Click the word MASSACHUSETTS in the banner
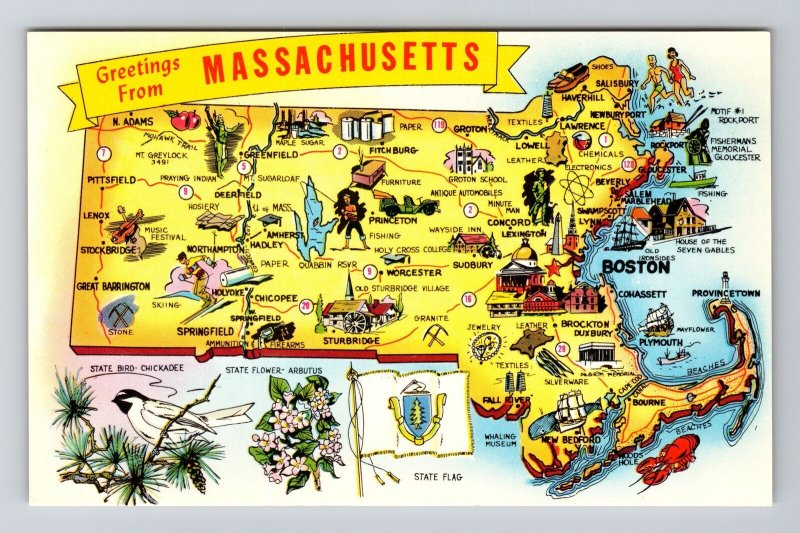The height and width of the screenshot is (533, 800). tap(340, 62)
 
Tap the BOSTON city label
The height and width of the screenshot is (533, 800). tap(635, 268)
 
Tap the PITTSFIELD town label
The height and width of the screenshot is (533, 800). tap(112, 181)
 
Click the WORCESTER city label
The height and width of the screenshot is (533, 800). tap(413, 272)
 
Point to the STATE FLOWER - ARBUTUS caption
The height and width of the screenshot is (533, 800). tap(271, 370)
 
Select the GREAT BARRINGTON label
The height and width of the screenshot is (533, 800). tap(113, 287)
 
